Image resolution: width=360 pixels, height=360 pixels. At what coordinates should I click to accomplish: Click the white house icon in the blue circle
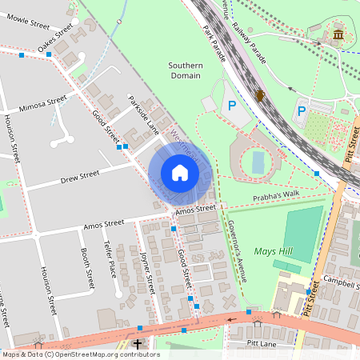(x=180, y=173)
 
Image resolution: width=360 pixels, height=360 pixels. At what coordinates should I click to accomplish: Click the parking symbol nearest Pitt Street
(x=302, y=110)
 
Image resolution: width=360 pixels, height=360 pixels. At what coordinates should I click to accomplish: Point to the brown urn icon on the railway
(x=260, y=96)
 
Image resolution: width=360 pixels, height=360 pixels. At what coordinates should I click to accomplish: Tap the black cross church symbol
(x=138, y=344)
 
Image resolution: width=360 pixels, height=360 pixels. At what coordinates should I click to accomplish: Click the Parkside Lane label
(x=144, y=115)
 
